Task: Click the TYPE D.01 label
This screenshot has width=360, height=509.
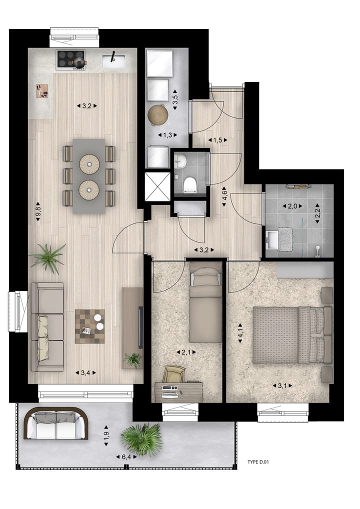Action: (x=258, y=462)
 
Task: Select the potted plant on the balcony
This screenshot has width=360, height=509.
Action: (x=143, y=439)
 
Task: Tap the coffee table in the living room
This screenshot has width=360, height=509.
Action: (x=90, y=326)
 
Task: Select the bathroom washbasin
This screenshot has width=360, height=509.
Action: (x=273, y=239)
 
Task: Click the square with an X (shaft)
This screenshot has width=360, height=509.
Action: (x=156, y=186)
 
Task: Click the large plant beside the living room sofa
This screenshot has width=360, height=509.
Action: (x=48, y=257)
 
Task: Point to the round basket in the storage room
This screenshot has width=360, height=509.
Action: (x=158, y=115)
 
